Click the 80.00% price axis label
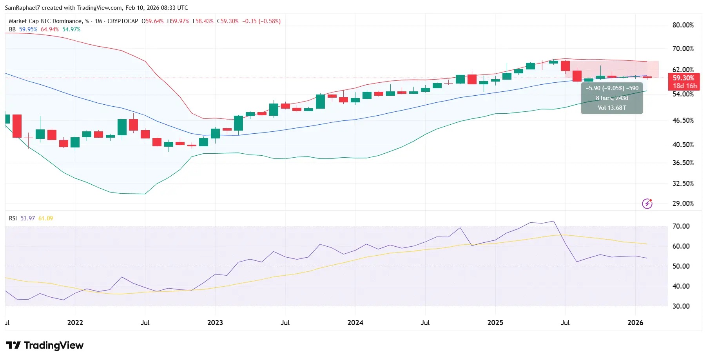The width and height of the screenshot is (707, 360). (683, 25)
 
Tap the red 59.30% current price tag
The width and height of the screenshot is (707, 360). (683, 78)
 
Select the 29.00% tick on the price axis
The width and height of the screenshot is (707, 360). (683, 204)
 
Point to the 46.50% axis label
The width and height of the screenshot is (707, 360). (683, 120)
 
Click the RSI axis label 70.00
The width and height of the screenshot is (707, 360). (681, 226)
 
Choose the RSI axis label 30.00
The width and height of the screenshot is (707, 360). (681, 306)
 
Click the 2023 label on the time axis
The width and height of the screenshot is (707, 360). (215, 323)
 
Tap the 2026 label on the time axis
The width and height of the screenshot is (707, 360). (635, 323)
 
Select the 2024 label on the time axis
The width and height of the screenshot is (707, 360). (355, 323)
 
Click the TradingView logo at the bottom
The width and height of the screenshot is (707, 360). (45, 345)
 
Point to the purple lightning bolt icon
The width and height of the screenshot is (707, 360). (647, 204)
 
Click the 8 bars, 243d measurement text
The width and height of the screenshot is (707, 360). (612, 98)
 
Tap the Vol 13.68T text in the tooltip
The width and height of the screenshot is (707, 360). (612, 108)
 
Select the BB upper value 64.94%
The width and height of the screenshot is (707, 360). (50, 29)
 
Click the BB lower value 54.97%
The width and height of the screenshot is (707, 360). (71, 29)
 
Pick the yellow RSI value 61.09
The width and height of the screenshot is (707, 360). (45, 218)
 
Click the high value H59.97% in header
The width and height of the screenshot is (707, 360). (178, 21)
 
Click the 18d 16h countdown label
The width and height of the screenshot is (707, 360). (685, 86)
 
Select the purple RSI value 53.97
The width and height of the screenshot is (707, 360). (27, 218)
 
